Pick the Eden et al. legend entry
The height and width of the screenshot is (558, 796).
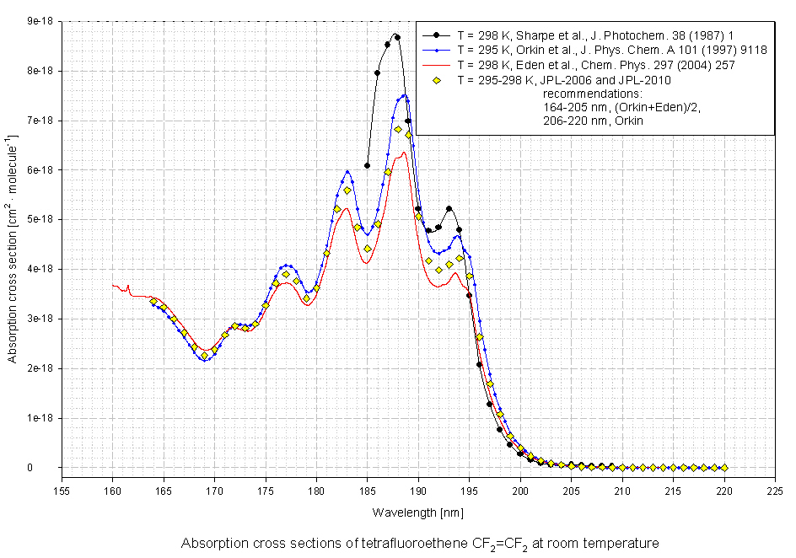coord(590,65)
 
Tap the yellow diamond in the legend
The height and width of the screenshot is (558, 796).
coord(437,80)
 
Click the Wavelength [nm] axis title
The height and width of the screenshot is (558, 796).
coord(417,512)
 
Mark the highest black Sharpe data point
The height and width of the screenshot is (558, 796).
coord(397,37)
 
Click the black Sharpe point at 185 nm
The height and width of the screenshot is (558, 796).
coord(367,166)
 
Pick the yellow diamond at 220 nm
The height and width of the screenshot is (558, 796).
coord(724,467)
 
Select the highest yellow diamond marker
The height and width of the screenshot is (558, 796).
coord(397,129)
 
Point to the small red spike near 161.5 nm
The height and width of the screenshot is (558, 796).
coord(128,286)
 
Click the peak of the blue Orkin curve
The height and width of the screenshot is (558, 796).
coord(405,96)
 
